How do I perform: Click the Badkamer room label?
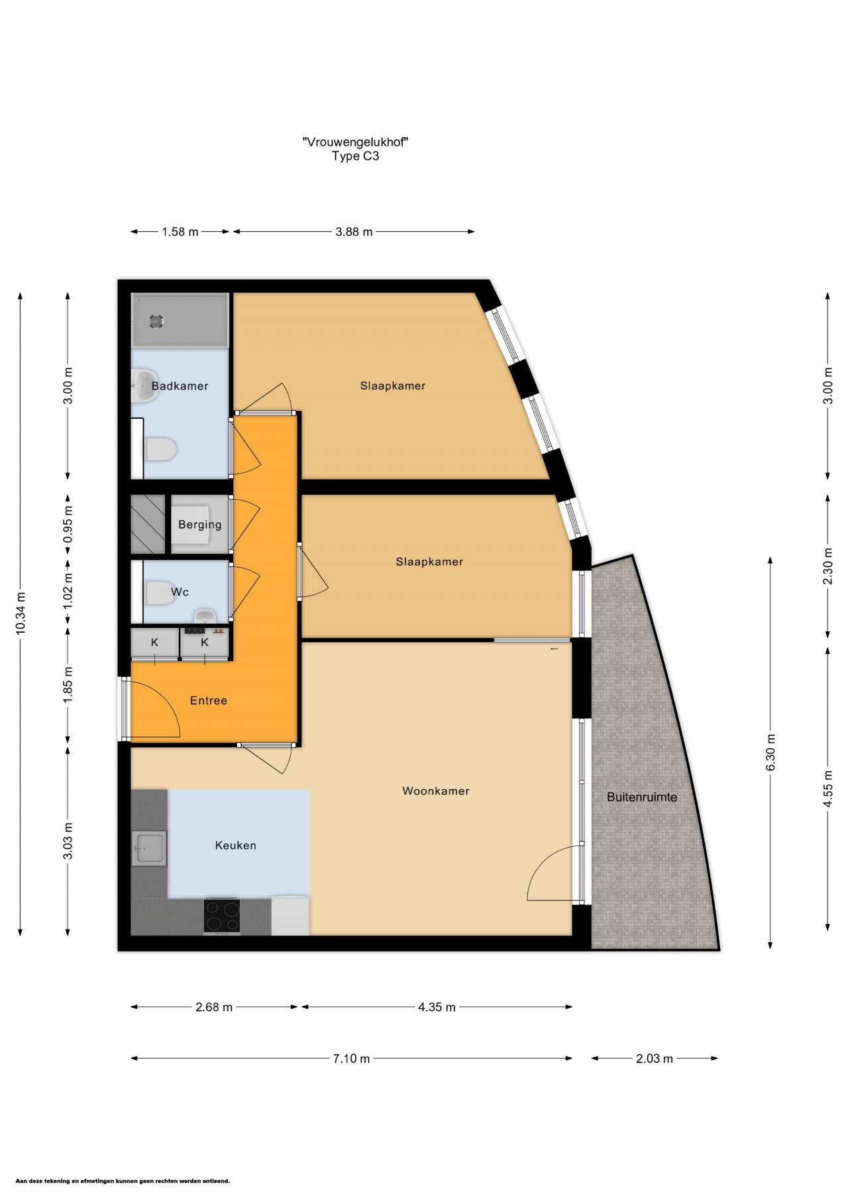tap(180, 386)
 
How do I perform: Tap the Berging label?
tap(199, 525)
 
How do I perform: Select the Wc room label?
tap(180, 592)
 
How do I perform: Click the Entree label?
tap(208, 700)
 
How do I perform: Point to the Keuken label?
tap(235, 845)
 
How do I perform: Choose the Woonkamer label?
tap(435, 791)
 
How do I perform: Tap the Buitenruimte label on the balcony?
tap(642, 797)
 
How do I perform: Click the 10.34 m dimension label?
tap(21, 613)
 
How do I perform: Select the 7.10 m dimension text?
tap(351, 1058)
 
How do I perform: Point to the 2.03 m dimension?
tap(654, 1058)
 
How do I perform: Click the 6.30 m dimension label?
tap(770, 752)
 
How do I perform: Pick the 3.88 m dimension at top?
tap(354, 232)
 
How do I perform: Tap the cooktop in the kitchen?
tap(222, 916)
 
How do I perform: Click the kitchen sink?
tap(148, 848)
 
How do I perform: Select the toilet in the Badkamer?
tap(160, 451)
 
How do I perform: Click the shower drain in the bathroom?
tap(156, 321)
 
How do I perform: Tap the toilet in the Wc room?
tap(160, 593)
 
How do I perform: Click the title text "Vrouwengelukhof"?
tap(354, 142)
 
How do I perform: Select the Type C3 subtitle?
tap(355, 157)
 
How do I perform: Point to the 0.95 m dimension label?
tap(68, 525)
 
